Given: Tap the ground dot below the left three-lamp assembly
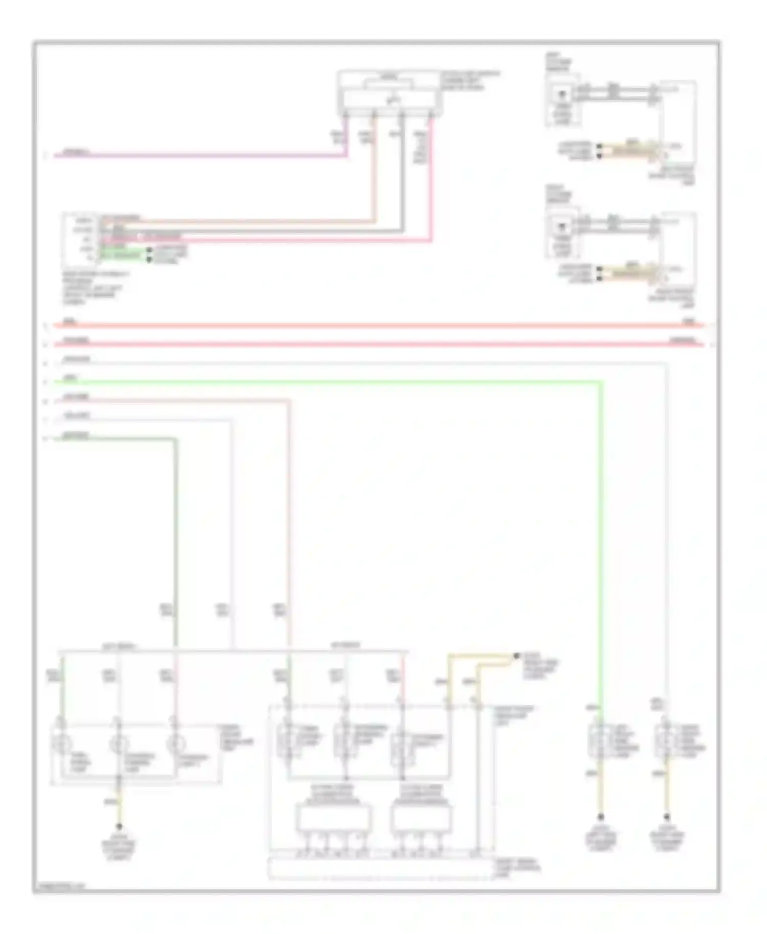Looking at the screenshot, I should tap(119, 826).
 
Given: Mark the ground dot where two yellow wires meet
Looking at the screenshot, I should tap(516, 656).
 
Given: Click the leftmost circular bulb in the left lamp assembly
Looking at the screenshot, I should tap(61, 744).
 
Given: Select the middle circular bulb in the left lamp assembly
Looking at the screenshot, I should tap(119, 744).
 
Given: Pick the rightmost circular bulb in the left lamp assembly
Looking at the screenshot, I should tap(175, 744).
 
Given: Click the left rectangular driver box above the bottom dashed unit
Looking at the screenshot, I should tap(334, 818).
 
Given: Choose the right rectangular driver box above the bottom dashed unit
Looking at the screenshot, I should tap(421, 818).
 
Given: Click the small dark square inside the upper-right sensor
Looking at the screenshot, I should tap(562, 95).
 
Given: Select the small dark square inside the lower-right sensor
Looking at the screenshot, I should tap(562, 226).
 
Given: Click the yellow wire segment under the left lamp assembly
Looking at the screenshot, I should tap(119, 807).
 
